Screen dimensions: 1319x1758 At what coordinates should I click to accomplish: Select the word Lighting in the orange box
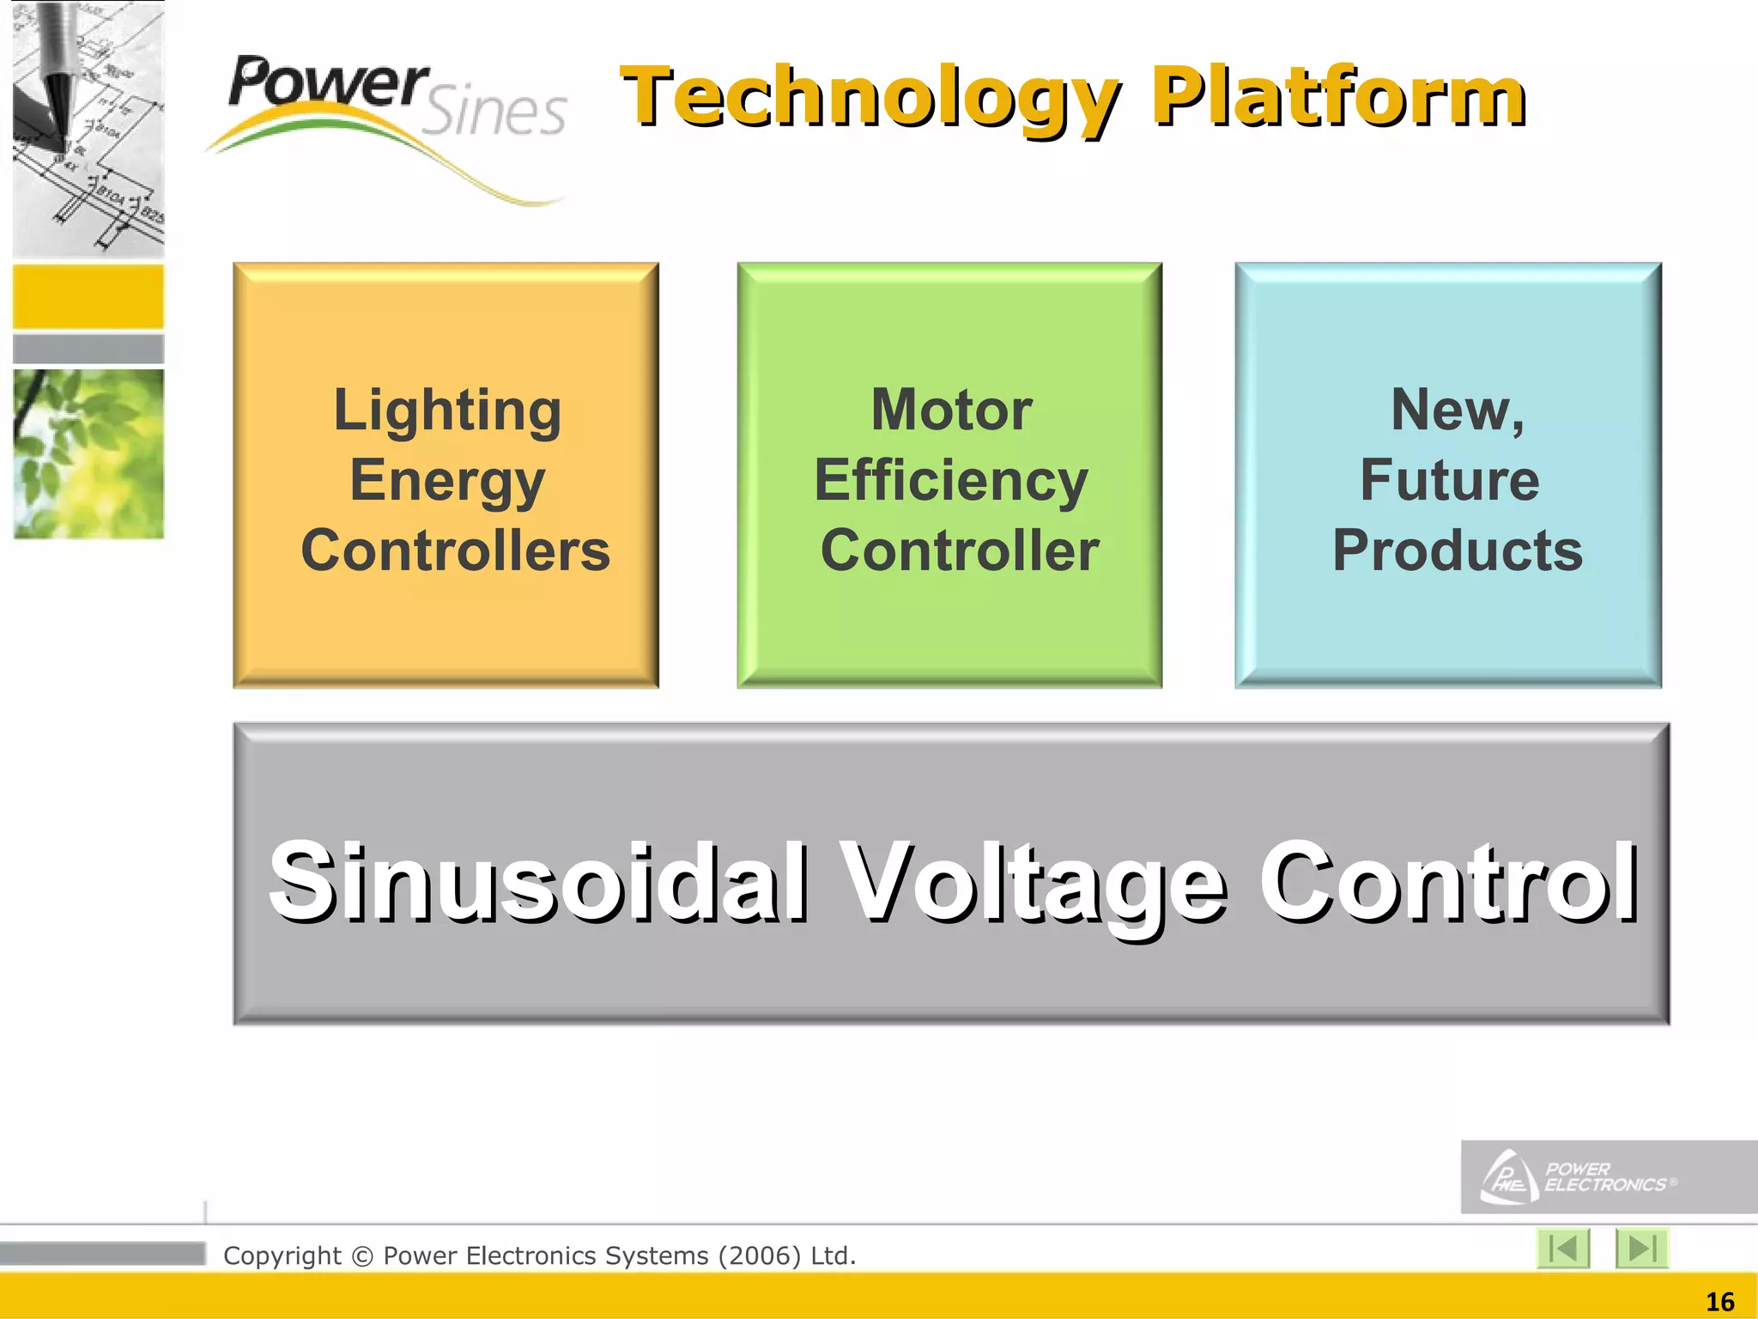[447, 410]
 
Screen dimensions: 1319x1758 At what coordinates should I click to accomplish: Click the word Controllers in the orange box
[455, 550]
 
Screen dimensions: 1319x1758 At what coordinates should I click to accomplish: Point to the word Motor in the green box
[951, 410]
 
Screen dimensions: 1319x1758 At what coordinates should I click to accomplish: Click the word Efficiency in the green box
[951, 480]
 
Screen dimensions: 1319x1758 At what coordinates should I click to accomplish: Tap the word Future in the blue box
[1450, 480]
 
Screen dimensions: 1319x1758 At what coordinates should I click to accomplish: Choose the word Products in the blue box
[1457, 550]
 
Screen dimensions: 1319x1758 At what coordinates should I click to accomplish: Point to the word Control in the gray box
[1448, 881]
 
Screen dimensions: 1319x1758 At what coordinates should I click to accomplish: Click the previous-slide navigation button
[1563, 1249]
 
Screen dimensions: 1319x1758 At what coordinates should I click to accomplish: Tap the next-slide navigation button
[1641, 1249]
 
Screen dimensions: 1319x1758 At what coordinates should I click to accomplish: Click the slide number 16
[1719, 1302]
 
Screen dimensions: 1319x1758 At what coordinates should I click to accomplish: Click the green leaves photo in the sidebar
[88, 454]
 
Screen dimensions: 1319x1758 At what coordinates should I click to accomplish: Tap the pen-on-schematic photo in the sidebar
[88, 129]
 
